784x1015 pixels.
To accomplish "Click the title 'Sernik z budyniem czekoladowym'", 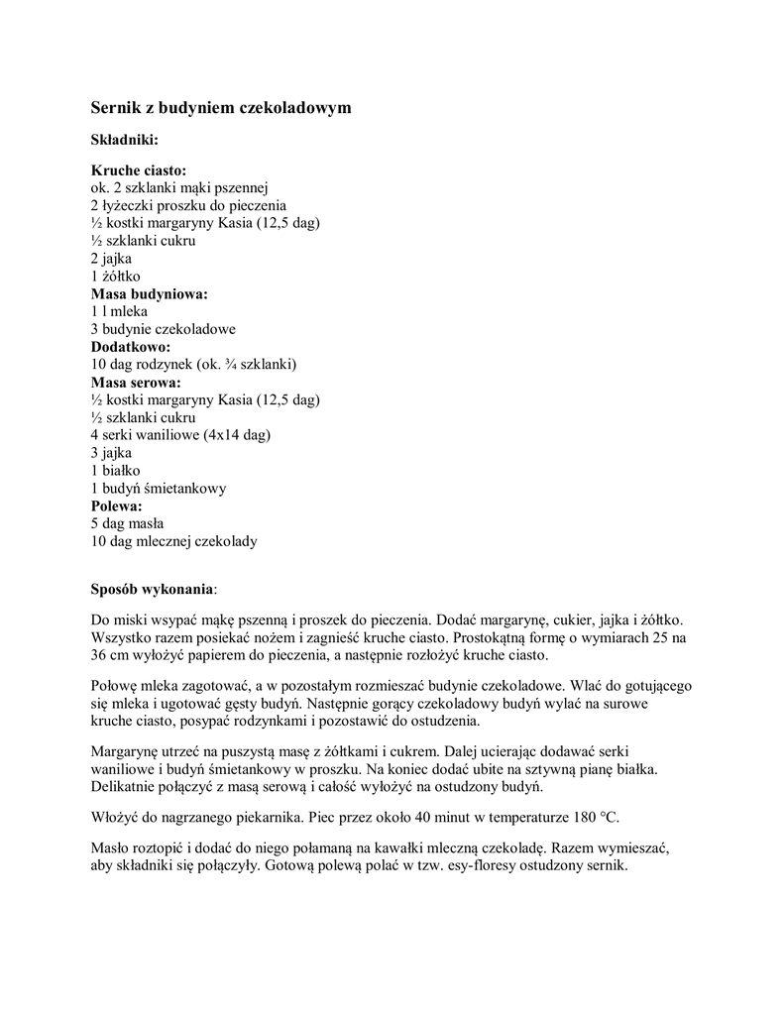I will click(x=221, y=106).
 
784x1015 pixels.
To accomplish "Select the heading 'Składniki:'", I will click(x=125, y=140).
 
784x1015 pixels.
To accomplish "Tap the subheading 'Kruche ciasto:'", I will click(x=139, y=170).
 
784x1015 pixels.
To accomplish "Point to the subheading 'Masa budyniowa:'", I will click(x=150, y=294).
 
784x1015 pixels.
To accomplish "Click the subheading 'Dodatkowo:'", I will click(x=131, y=347).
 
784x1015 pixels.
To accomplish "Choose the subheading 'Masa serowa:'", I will click(x=137, y=383).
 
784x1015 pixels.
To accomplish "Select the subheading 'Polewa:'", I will click(x=118, y=507).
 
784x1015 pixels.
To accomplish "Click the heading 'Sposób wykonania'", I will click(x=152, y=588).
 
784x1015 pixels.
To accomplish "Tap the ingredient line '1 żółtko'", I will click(x=117, y=277).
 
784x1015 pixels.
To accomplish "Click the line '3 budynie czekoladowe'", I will click(x=164, y=329).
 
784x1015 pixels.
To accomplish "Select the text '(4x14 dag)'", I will click(x=238, y=435).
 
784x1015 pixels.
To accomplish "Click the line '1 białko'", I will click(x=116, y=471).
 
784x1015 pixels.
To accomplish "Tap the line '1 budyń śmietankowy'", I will click(x=160, y=489).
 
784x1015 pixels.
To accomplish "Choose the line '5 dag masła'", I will click(x=128, y=523).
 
